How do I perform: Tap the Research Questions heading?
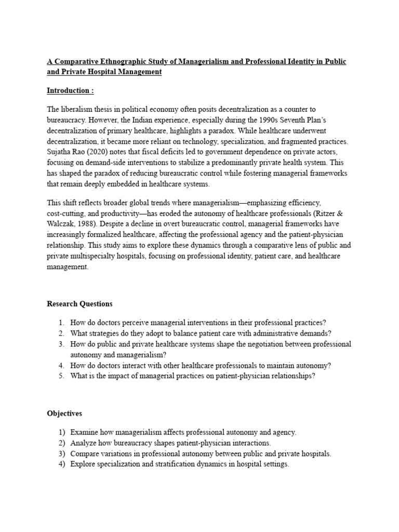coord(79,303)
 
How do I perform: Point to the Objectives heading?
coord(64,414)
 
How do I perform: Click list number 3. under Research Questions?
coord(61,344)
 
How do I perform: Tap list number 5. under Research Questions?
coord(61,376)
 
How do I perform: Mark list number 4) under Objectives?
coord(61,464)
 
